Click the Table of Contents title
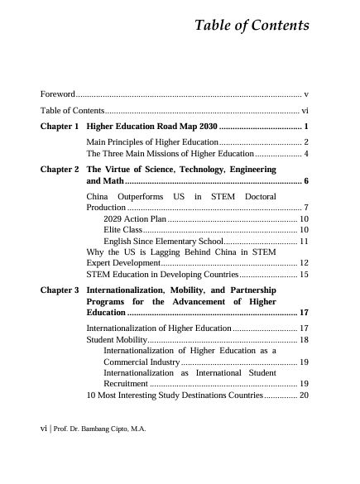[x=252, y=26]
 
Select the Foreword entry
[x=58, y=95]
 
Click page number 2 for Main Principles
[x=305, y=142]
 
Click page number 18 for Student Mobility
[x=304, y=339]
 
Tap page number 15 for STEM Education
[x=304, y=273]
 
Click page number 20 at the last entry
[x=304, y=395]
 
